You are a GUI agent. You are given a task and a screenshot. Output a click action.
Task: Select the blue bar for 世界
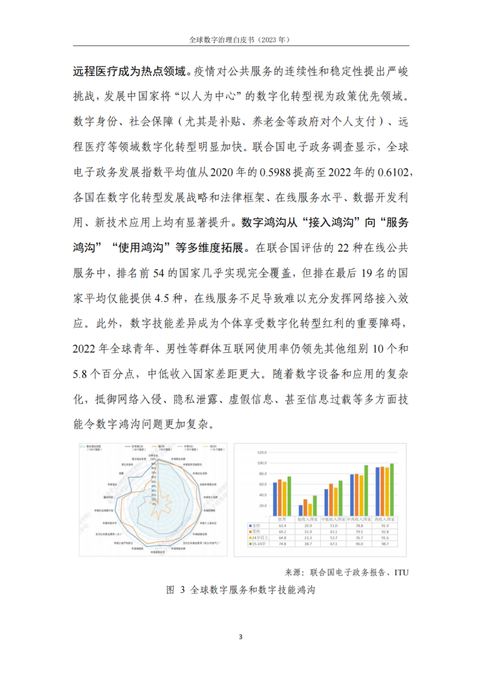pyautogui.click(x=274, y=499)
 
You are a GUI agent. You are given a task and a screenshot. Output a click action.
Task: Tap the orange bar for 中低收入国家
pyautogui.click(x=331, y=501)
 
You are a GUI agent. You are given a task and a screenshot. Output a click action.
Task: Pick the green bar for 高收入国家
pyautogui.click(x=392, y=490)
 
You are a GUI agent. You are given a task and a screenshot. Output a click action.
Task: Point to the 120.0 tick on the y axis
pyautogui.click(x=262, y=452)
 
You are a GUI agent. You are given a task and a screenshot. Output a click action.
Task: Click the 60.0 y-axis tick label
pyautogui.click(x=263, y=484)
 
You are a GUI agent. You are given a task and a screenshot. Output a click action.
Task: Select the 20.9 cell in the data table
pyautogui.click(x=308, y=526)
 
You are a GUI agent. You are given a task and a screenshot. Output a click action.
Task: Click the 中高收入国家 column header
pyautogui.click(x=360, y=520)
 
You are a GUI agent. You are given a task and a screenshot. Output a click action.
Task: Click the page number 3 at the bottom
pyautogui.click(x=241, y=636)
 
